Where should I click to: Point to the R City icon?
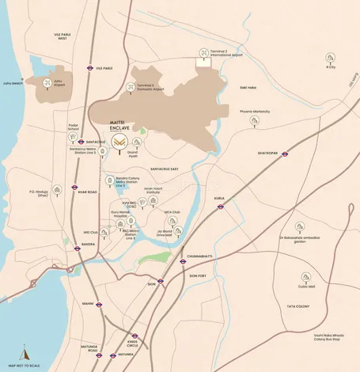pyautogui.click(x=328, y=58)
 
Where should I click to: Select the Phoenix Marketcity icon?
pyautogui.click(x=254, y=120)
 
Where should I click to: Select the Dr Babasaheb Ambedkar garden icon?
pyautogui.click(x=301, y=226)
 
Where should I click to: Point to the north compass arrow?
pyautogui.click(x=23, y=353)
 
